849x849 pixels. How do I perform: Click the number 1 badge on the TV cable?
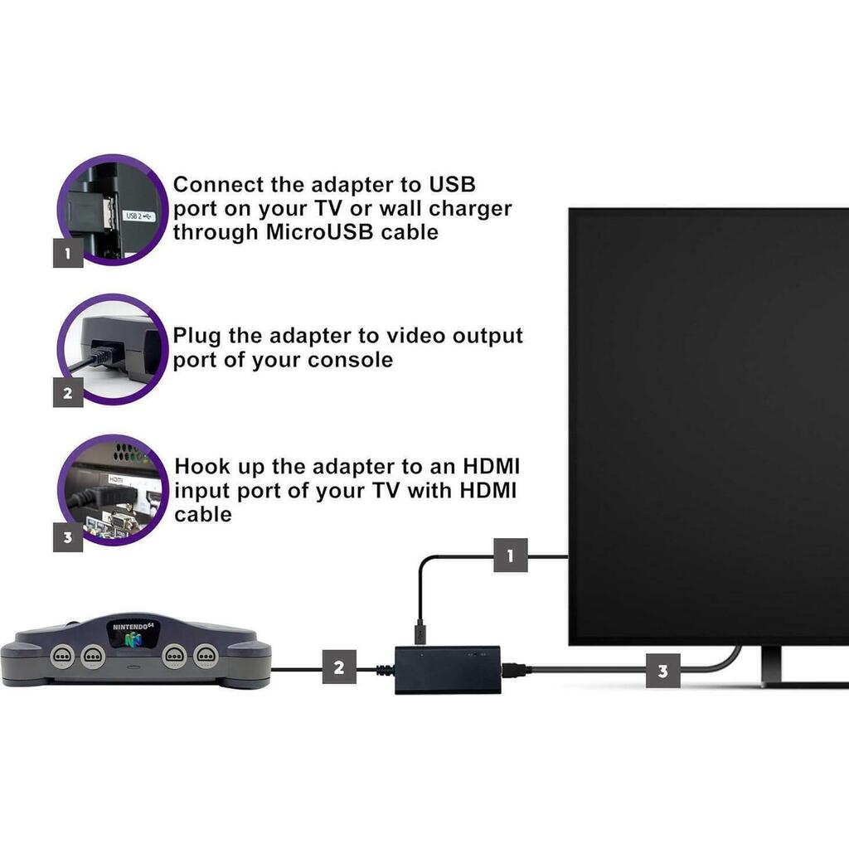click(x=510, y=555)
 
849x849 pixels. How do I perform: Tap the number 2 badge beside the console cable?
click(x=339, y=667)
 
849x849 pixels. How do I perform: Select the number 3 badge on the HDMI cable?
click(x=662, y=671)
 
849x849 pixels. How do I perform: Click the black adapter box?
click(x=448, y=669)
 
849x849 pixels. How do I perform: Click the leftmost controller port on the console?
click(x=61, y=656)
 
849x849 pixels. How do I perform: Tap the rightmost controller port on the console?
click(x=206, y=656)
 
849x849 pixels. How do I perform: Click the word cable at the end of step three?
click(x=203, y=514)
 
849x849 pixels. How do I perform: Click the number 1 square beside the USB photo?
click(x=68, y=253)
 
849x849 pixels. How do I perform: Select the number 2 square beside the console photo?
click(x=68, y=392)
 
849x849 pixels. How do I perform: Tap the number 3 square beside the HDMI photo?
click(x=68, y=537)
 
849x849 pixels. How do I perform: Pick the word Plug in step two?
click(x=196, y=337)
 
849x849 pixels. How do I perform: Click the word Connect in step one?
click(x=219, y=185)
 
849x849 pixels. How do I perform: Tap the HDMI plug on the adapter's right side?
click(x=516, y=670)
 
